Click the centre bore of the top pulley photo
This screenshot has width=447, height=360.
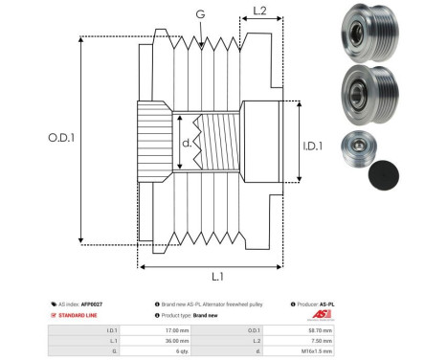353,30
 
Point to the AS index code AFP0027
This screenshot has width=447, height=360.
91,303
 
